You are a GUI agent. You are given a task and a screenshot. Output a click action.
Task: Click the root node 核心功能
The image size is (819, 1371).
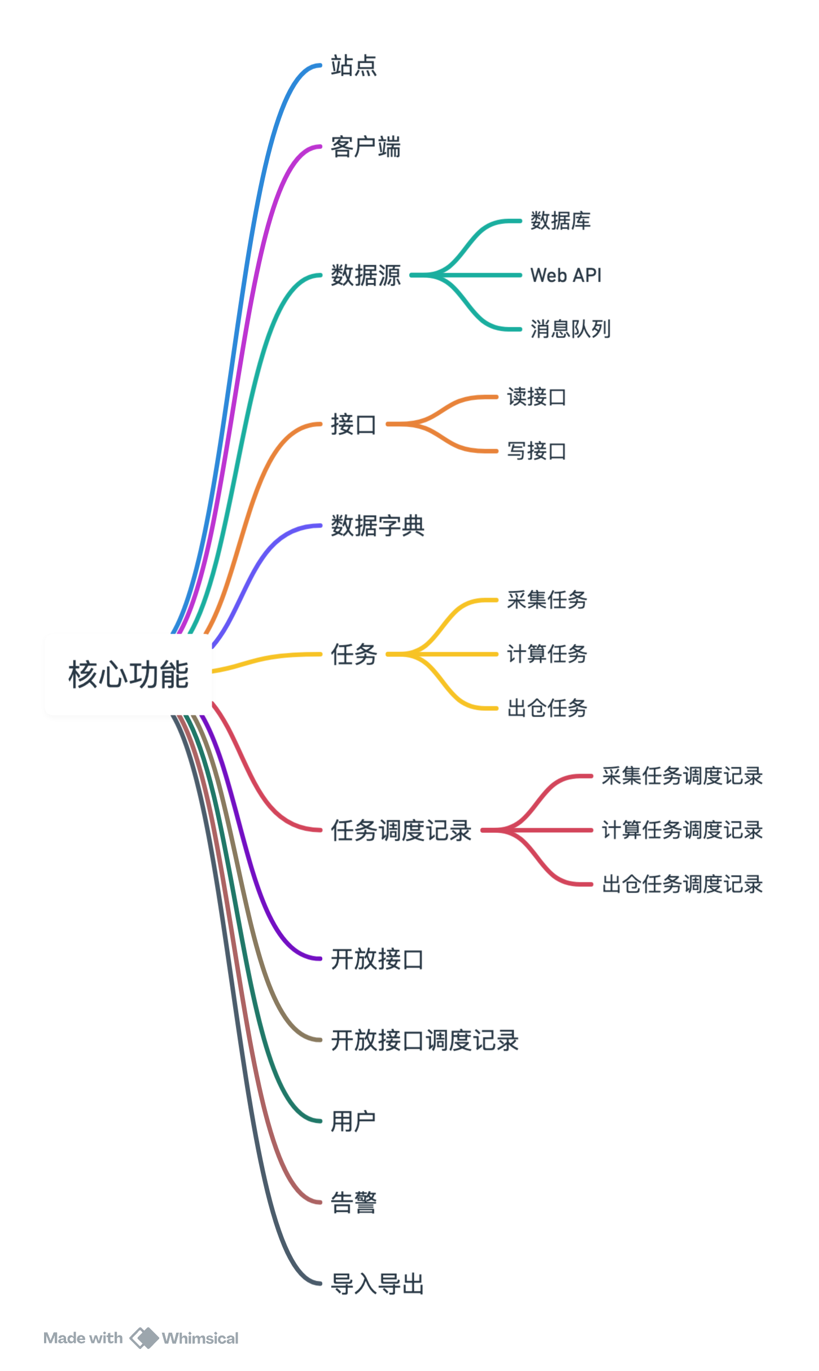tap(128, 674)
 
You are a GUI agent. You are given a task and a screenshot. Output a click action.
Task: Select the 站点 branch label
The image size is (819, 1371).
tap(353, 65)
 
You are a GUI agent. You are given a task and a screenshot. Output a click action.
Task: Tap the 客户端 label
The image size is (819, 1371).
tap(365, 147)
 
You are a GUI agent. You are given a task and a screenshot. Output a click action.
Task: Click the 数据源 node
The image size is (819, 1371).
tap(365, 275)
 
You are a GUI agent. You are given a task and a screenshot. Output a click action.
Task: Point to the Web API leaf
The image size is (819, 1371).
tap(566, 275)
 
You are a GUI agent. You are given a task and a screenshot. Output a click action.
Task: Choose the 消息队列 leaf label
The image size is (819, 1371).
tap(570, 329)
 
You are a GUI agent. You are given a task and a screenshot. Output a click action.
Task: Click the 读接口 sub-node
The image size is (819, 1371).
tap(536, 397)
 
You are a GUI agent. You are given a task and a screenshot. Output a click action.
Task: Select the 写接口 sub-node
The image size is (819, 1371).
tap(536, 451)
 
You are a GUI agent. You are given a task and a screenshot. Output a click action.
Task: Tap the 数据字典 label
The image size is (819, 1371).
tap(377, 526)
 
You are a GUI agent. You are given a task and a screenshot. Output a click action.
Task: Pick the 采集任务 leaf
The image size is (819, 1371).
tap(547, 600)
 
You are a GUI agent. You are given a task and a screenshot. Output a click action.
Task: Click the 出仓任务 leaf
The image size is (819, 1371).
tap(547, 708)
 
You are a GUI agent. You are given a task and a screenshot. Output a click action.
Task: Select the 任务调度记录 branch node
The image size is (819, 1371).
tap(401, 830)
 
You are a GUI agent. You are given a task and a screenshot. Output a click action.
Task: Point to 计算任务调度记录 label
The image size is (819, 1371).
tap(682, 830)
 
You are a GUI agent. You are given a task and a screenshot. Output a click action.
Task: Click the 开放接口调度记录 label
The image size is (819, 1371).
tap(424, 1040)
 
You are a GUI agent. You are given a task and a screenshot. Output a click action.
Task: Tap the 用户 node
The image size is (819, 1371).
tap(353, 1121)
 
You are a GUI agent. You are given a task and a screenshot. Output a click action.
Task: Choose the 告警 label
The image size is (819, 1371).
tap(353, 1202)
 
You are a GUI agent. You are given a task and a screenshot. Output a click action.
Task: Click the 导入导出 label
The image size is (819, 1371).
tap(377, 1284)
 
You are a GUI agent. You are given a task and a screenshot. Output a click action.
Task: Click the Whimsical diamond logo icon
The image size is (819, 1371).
tap(143, 1338)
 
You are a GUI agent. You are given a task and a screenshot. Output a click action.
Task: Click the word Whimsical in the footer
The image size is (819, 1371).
tap(200, 1338)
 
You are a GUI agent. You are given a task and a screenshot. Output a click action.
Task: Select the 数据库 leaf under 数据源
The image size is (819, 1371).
tap(560, 221)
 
